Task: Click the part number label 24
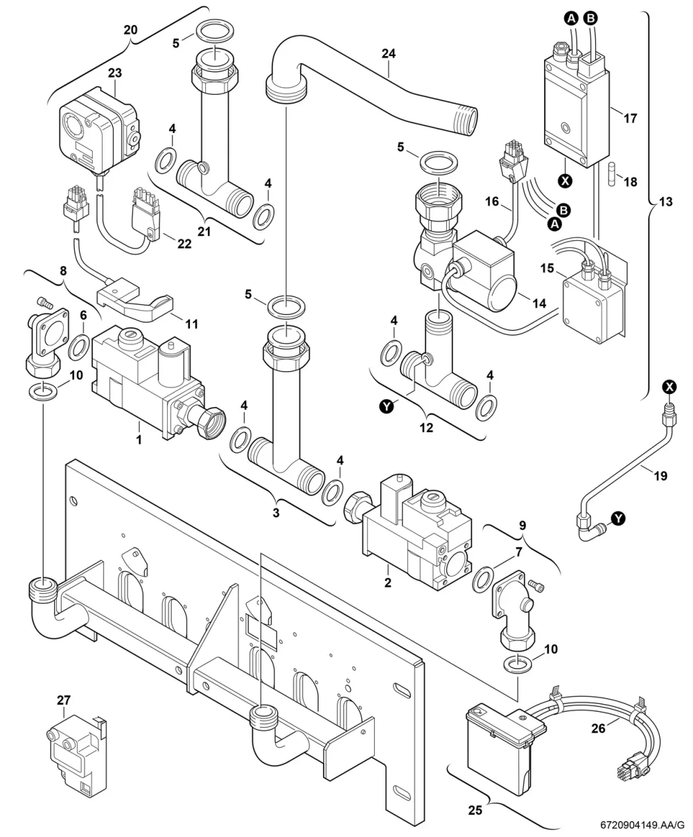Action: point(388,54)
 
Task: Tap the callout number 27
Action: point(63,700)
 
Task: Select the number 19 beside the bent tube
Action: point(660,476)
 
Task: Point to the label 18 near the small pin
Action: point(631,182)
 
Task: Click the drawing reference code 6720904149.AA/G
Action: point(642,825)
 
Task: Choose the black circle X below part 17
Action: point(565,181)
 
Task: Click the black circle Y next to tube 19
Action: point(619,519)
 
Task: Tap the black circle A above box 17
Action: point(571,18)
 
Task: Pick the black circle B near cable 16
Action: point(564,210)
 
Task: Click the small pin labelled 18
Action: point(613,174)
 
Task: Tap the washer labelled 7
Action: point(484,579)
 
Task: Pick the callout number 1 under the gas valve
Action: point(139,440)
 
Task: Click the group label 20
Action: point(130,30)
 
